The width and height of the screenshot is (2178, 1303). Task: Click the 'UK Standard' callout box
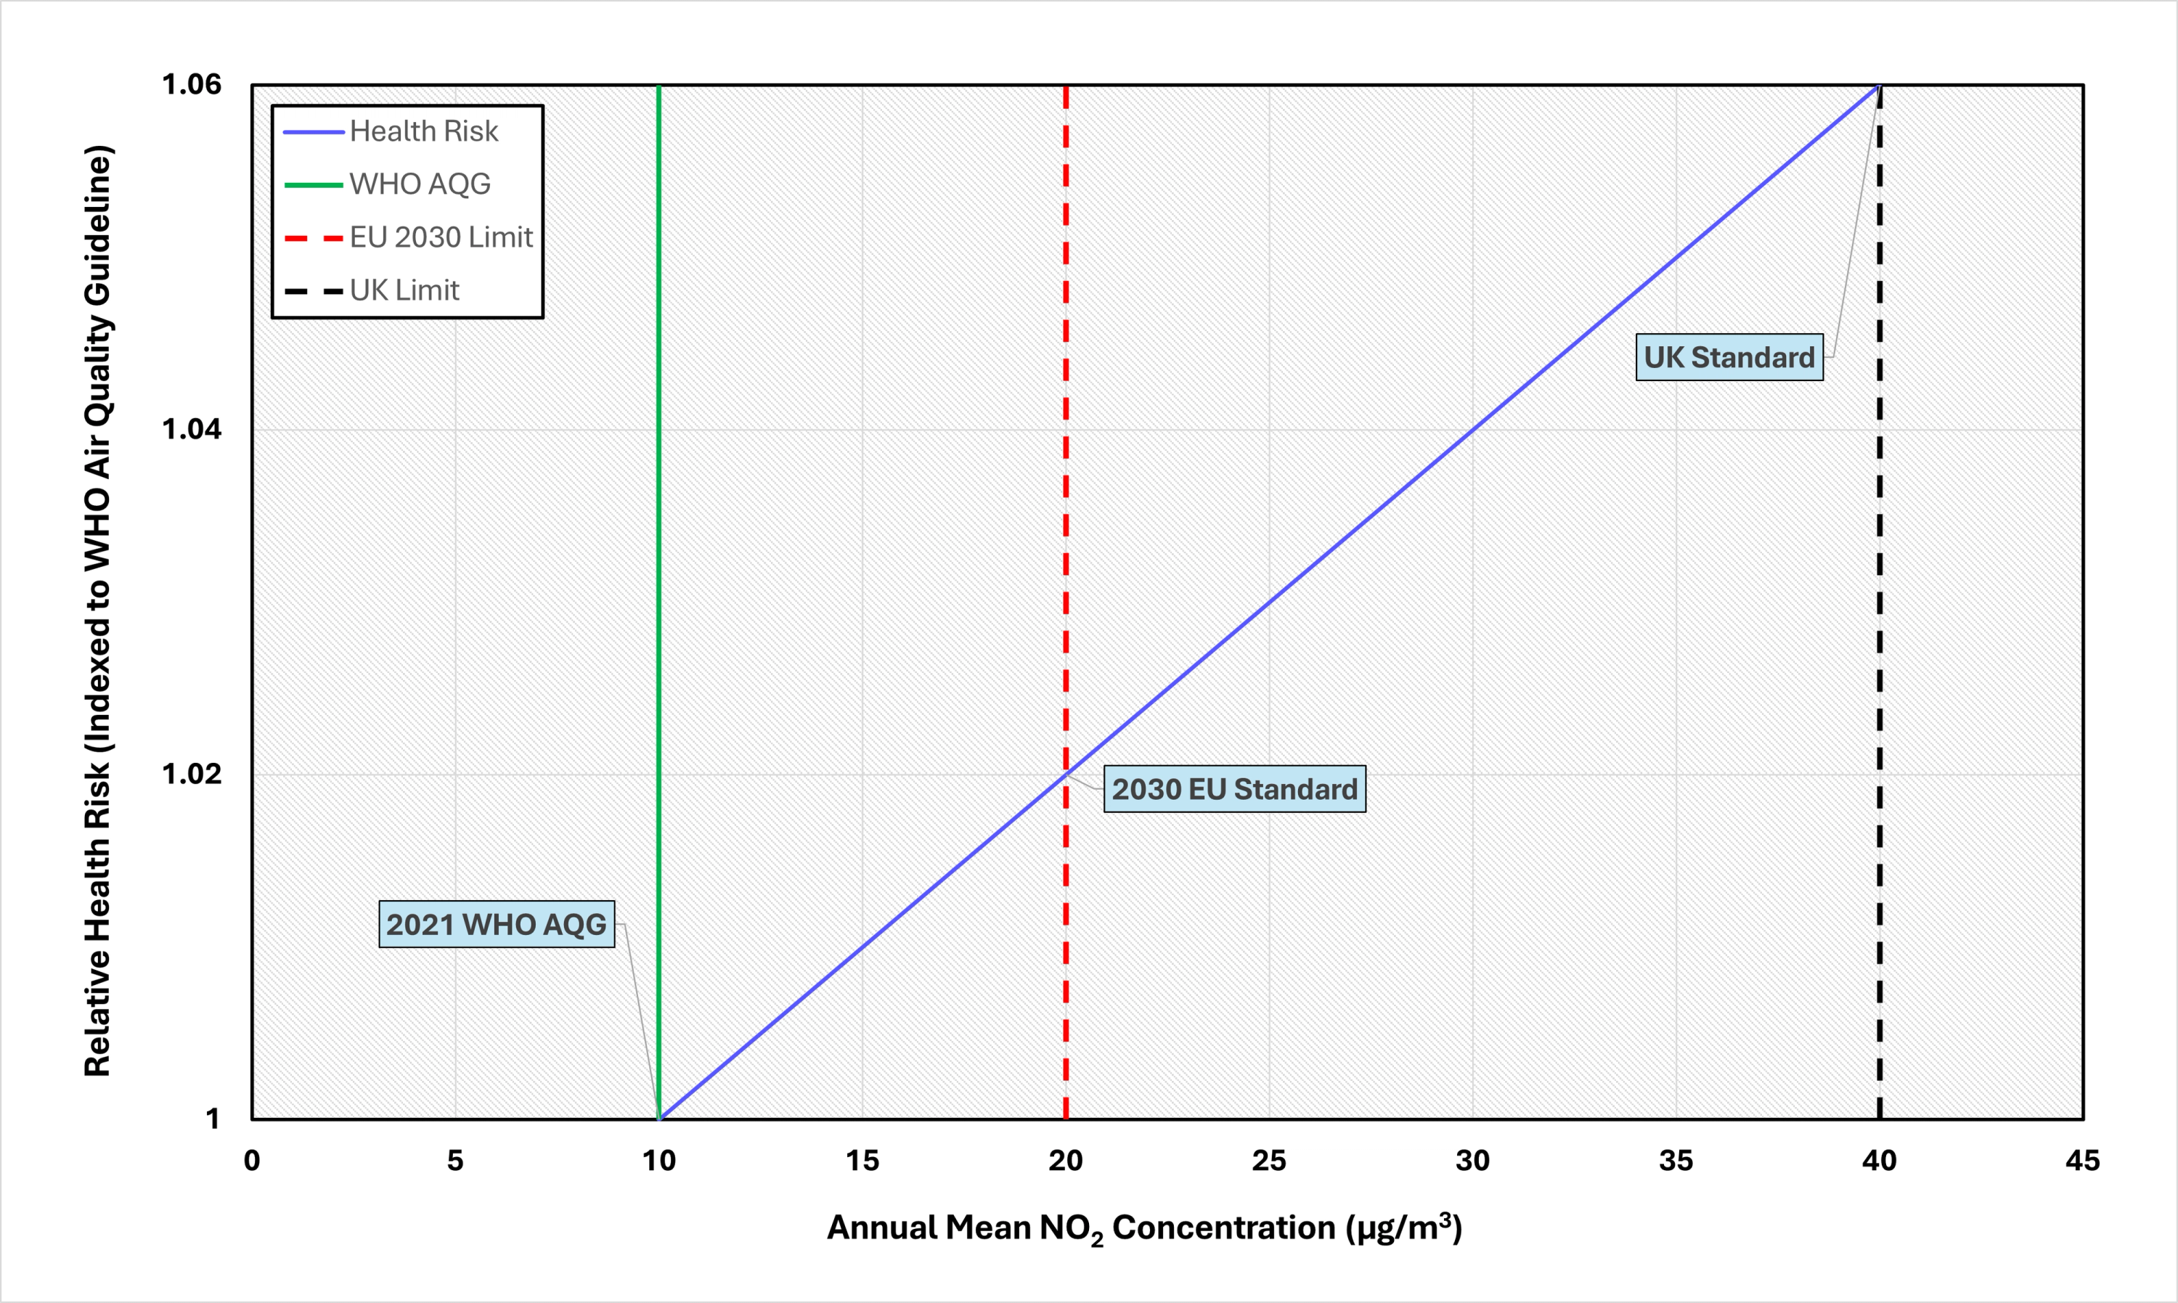[x=1729, y=357]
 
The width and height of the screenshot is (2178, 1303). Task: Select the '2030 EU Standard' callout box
[x=1234, y=788]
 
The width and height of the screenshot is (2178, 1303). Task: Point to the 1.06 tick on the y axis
[x=192, y=84]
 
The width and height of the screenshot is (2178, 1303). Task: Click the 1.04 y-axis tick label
[x=192, y=429]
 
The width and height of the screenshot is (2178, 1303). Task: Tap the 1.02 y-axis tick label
[x=192, y=775]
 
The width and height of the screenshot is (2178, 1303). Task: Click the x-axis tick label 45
[x=2082, y=1161]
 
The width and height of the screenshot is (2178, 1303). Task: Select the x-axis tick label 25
[x=1268, y=1161]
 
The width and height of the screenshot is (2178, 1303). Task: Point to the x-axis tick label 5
[x=454, y=1161]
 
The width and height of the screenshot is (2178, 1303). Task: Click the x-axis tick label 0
[x=252, y=1161]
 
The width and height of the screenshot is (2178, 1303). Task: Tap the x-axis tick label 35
[x=1676, y=1161]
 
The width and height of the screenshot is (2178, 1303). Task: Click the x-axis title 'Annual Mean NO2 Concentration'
[x=1144, y=1228]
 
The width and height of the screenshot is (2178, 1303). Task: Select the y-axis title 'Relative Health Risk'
[x=97, y=610]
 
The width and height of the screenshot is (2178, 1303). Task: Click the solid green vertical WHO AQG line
[x=658, y=527]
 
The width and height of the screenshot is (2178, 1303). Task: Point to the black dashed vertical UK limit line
[x=1880, y=615]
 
